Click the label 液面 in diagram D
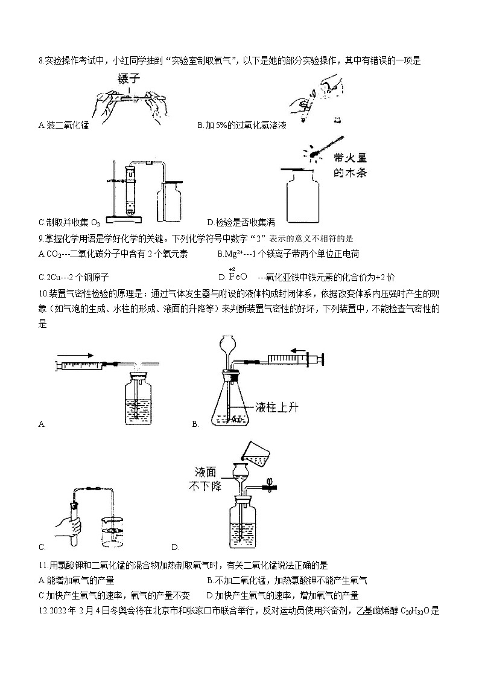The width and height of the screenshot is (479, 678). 202,470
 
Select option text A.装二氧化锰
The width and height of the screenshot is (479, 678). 63,126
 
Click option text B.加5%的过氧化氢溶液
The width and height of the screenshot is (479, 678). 241,126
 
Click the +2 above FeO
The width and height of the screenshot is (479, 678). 232,269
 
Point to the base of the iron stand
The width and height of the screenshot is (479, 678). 124,218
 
